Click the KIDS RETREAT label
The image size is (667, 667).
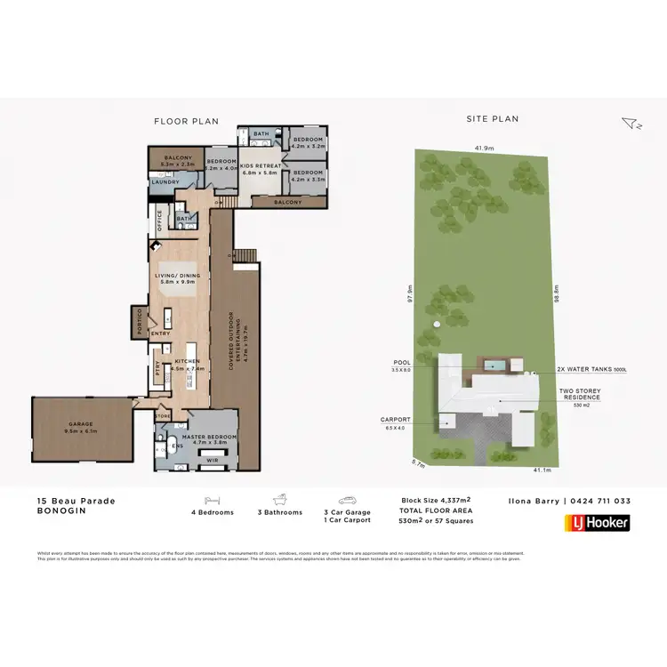click(x=260, y=166)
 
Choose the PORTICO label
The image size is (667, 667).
click(x=139, y=321)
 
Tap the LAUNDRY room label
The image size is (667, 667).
click(x=165, y=182)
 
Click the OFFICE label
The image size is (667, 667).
click(x=159, y=220)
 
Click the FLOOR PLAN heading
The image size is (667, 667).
click(x=186, y=121)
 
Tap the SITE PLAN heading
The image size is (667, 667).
click(x=493, y=118)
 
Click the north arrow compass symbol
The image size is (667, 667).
click(x=630, y=124)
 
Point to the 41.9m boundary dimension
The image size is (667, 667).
click(x=485, y=149)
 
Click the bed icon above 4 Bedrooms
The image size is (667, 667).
click(x=213, y=501)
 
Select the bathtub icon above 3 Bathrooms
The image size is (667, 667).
click(x=280, y=501)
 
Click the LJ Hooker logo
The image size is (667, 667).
click(x=597, y=523)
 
